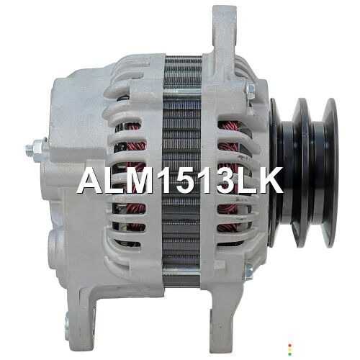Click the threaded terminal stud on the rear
pos(30,150)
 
